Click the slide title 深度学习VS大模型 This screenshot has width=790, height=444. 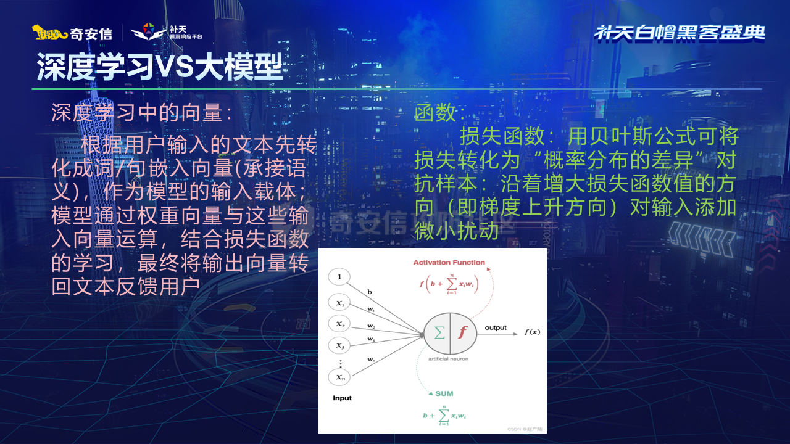(x=159, y=67)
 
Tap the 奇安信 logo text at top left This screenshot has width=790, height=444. (x=90, y=33)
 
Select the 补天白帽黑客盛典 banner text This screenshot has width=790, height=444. (x=680, y=33)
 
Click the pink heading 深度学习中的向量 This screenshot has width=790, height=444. (x=142, y=112)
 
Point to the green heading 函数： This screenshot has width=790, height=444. (x=440, y=112)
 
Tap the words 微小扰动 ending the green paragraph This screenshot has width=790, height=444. (x=456, y=230)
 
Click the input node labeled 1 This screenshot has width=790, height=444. (x=339, y=277)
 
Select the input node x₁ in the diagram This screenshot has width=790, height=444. (x=339, y=303)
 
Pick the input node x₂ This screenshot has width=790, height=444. (x=339, y=324)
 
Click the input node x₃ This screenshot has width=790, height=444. (x=339, y=344)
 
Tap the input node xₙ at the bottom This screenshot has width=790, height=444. (x=339, y=376)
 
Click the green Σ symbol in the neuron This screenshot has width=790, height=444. (x=439, y=332)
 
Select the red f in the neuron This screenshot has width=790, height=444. (x=463, y=332)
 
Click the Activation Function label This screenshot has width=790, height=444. (x=449, y=263)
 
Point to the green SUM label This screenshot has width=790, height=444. (x=444, y=393)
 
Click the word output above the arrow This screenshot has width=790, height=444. (x=495, y=327)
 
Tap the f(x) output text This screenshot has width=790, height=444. (x=532, y=332)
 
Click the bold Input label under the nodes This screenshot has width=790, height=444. (x=342, y=398)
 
